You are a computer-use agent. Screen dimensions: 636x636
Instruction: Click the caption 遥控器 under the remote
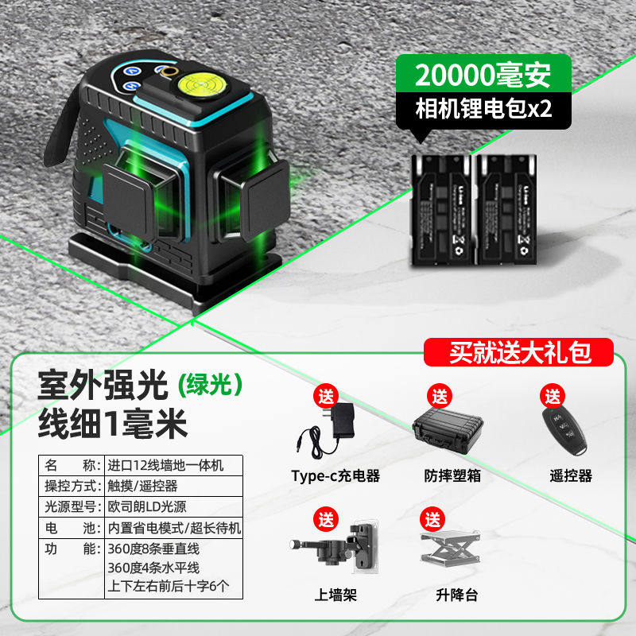(571, 475)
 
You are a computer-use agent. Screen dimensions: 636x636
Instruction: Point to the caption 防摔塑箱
(452, 475)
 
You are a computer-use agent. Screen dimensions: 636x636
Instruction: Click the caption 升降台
(452, 594)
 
